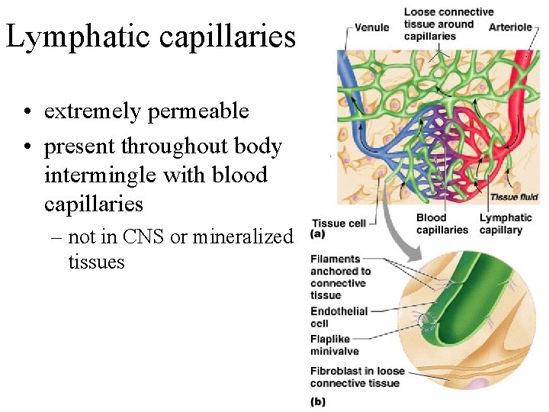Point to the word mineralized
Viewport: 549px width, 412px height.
click(242, 237)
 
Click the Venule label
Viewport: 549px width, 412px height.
click(371, 27)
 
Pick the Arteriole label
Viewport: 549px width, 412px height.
click(510, 27)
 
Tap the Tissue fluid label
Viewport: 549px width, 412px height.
click(514, 197)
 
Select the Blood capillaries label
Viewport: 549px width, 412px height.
click(442, 224)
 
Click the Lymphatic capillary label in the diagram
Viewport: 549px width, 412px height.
click(506, 224)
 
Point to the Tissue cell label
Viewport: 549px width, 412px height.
click(339, 224)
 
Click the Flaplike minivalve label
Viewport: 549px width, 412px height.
click(339, 345)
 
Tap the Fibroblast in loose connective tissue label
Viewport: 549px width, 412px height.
click(357, 377)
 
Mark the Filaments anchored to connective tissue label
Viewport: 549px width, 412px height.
click(340, 277)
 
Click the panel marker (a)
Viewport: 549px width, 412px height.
click(319, 234)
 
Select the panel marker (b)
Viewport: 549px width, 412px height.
click(319, 401)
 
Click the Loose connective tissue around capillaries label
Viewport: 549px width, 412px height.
click(448, 24)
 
